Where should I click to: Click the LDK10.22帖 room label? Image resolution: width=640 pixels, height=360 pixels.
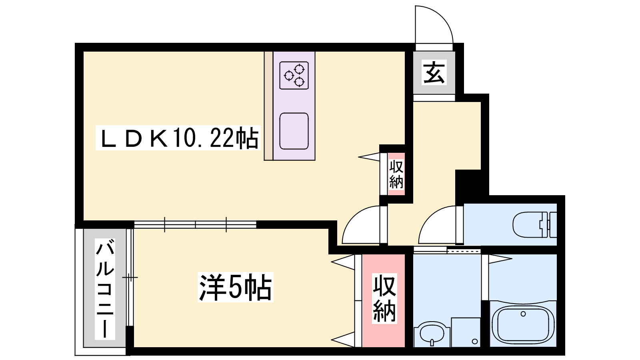(178, 138)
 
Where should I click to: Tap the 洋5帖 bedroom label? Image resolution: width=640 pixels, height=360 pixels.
(236, 287)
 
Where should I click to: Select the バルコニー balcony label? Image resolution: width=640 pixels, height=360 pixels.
(105, 289)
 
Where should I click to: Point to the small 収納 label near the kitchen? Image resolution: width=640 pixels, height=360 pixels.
(396, 174)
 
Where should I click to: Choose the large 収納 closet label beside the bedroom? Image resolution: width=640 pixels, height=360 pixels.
(384, 298)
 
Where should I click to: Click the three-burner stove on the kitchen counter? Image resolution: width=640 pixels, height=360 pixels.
(294, 75)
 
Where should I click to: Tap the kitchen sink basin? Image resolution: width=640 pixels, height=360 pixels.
(294, 131)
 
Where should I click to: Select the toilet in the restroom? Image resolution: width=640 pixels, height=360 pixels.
(535, 224)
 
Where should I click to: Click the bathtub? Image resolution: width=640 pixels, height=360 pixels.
(523, 324)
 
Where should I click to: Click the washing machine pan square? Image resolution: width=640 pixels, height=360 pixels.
(466, 332)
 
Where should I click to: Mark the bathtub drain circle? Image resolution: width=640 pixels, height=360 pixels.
(523, 314)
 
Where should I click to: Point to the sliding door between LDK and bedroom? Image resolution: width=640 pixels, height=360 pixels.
(196, 224)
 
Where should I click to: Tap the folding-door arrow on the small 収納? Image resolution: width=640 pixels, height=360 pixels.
(369, 156)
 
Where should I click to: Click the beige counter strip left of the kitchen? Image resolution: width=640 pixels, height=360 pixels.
(268, 106)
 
